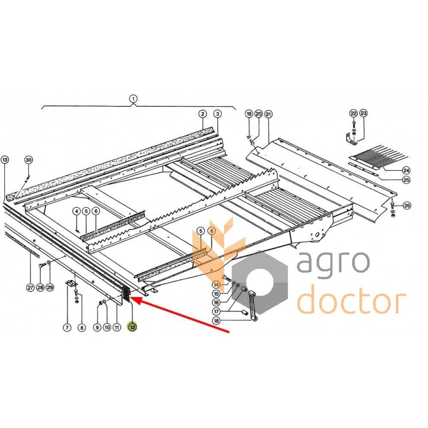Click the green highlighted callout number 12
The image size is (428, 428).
tap(132, 326)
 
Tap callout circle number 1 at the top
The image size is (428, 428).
tap(133, 98)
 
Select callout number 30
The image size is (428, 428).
tap(29, 160)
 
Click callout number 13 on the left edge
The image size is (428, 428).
tap(5, 159)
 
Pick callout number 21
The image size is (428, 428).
tap(269, 114)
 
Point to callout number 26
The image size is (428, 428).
tap(407, 205)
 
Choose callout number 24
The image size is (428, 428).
tap(406, 170)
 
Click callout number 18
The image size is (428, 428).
tap(216, 320)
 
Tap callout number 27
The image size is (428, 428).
tap(30, 287)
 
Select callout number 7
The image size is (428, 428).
tap(67, 327)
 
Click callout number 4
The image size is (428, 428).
tap(77, 211)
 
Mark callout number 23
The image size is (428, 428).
tap(363, 113)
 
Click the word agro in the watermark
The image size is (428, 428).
tap(333, 262)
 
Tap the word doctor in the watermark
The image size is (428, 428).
tap(351, 300)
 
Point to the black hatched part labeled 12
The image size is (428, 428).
tap(127, 294)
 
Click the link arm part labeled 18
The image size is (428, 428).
tap(253, 305)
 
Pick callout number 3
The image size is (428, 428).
tap(217, 114)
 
